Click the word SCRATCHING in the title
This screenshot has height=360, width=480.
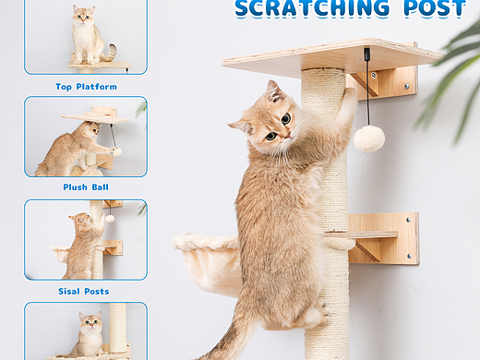tap(312, 7)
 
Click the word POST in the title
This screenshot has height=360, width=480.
tap(435, 7)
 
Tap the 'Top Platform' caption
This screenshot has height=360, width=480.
tap(86, 87)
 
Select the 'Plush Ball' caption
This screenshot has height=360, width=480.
tap(86, 187)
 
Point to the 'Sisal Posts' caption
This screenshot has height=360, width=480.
tap(84, 292)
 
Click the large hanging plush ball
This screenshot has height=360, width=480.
tap(369, 138)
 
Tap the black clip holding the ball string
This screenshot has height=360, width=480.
tap(366, 54)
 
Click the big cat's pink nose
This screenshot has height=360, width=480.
tap(287, 135)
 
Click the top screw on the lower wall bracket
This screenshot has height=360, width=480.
tap(408, 220)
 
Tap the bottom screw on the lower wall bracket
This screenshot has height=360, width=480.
tap(409, 256)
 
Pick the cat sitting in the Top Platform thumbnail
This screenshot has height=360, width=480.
tap(90, 34)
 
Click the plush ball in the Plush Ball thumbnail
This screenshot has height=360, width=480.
tap(117, 151)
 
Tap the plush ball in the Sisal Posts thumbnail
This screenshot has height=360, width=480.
tap(110, 219)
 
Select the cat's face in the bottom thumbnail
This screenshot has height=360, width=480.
tap(90, 321)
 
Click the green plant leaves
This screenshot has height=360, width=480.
tap(452, 77)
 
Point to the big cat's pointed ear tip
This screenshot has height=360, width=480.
tap(270, 81)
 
